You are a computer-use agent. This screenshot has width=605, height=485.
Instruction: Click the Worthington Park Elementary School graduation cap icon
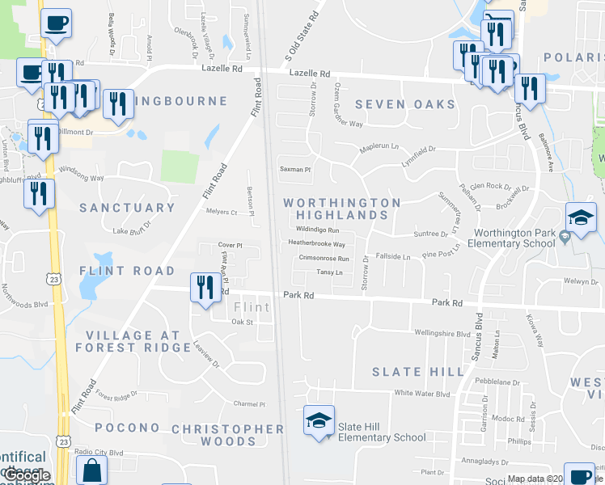(x=581, y=218)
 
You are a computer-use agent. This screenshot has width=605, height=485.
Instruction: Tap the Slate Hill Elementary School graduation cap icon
(x=319, y=420)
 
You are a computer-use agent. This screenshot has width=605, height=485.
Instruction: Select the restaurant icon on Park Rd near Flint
(x=205, y=288)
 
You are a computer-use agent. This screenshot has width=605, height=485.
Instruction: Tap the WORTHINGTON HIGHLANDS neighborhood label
(x=342, y=209)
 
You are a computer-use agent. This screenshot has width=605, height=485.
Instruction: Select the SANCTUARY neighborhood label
(x=127, y=208)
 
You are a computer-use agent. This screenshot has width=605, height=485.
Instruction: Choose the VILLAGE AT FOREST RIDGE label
(x=133, y=341)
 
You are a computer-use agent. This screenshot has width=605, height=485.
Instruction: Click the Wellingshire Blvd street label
(x=442, y=333)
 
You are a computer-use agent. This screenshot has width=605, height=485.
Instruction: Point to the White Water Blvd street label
(x=421, y=394)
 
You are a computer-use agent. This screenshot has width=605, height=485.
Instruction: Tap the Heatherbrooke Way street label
(x=317, y=244)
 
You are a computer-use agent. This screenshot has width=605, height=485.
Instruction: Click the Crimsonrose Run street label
(x=324, y=259)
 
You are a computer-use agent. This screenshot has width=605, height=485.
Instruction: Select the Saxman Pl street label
(x=295, y=170)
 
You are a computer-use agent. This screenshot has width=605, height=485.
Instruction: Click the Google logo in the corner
(x=26, y=475)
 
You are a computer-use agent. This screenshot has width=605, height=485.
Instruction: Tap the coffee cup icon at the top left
(x=56, y=23)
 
